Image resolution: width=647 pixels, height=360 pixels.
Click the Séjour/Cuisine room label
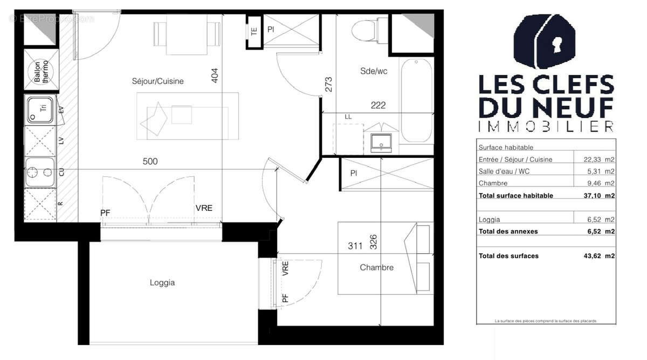coord(157,81)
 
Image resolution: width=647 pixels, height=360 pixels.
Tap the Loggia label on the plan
coord(162,282)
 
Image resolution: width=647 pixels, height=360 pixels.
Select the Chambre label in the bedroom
coord(376,267)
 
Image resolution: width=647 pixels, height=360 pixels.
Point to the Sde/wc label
coord(374,71)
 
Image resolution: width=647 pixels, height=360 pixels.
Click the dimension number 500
coord(150,161)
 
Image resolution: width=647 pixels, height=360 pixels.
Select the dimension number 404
coord(214,74)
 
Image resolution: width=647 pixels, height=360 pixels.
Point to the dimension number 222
coord(378,106)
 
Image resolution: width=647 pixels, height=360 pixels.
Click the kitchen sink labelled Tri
coord(40,109)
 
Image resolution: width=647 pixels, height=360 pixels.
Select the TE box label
coord(253,31)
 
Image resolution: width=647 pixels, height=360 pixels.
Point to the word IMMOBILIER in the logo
coord(546,127)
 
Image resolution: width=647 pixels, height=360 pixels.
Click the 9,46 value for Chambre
coord(591,183)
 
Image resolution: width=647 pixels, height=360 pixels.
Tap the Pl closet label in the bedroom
coord(353,174)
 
